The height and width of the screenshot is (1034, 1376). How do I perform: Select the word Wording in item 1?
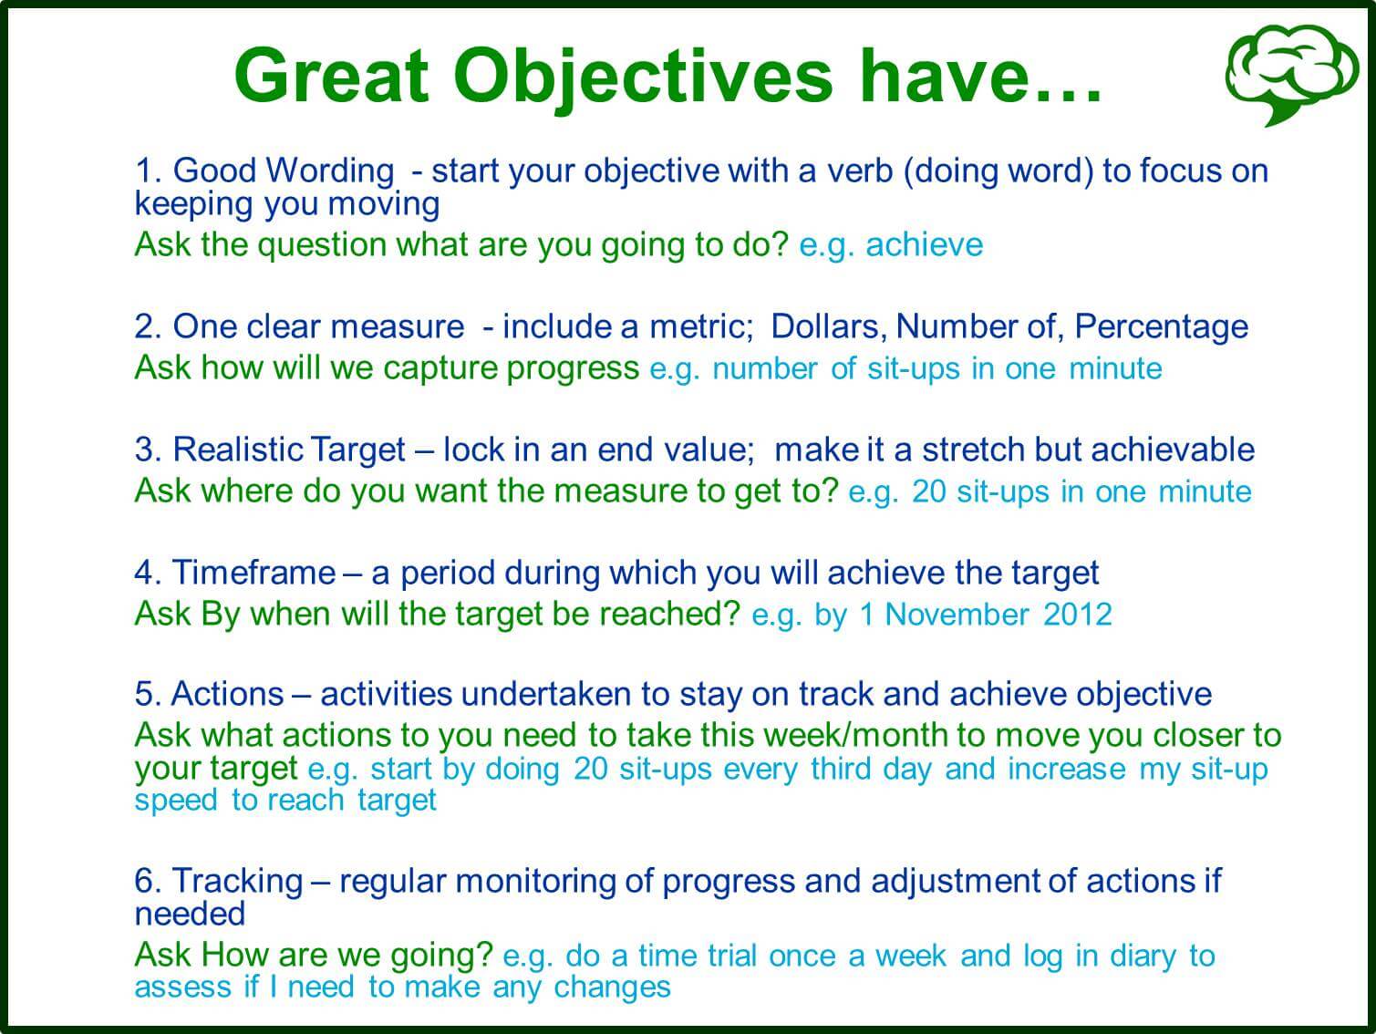point(330,171)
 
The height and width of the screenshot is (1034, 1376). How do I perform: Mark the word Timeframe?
point(253,572)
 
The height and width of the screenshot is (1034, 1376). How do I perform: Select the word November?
point(957,615)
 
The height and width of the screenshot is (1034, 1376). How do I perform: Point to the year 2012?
point(1078,615)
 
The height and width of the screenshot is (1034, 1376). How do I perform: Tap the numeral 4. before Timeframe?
point(148,572)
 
